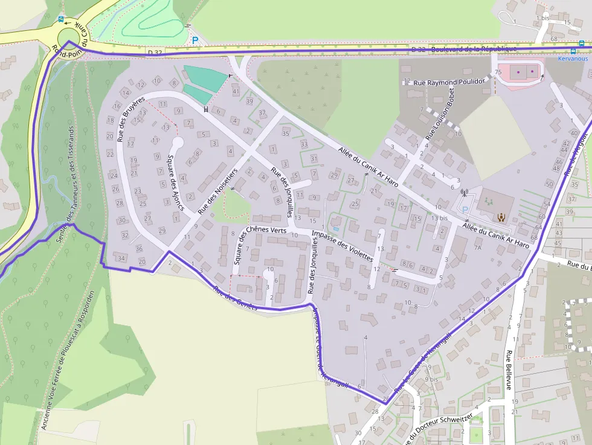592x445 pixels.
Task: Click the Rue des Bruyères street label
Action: click(132, 119)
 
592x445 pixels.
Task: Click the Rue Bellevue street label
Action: click(509, 370)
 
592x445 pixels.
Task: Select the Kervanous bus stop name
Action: click(573, 59)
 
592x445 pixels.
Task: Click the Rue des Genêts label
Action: click(236, 298)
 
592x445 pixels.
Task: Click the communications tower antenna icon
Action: click(465, 194)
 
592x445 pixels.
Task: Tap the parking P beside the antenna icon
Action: click(465, 209)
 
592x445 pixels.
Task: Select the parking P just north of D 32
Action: click(195, 40)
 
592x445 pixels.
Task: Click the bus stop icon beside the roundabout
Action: click(60, 19)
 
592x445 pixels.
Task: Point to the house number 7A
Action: click(477, 248)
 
